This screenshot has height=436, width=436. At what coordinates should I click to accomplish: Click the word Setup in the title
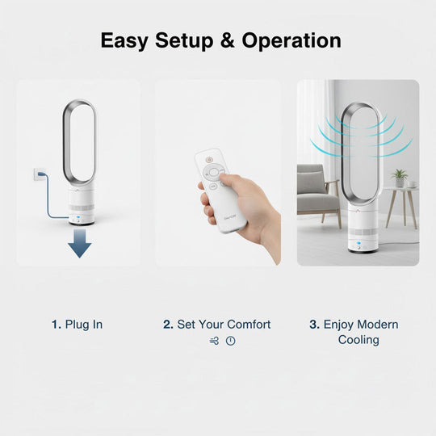click(184, 41)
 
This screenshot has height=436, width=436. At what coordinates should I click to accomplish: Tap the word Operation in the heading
click(291, 41)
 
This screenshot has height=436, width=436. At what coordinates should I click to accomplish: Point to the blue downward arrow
click(79, 243)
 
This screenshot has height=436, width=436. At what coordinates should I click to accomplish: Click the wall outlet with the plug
click(40, 174)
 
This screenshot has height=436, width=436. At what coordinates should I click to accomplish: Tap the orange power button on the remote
click(209, 160)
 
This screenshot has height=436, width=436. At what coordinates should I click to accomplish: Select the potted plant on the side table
click(399, 178)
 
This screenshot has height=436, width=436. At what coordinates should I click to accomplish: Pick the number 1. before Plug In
click(57, 325)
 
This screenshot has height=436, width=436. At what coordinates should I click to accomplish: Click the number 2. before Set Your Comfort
click(168, 325)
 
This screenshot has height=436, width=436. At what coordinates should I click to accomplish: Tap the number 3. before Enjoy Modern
click(315, 325)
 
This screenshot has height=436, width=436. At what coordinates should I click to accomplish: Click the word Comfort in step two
click(249, 325)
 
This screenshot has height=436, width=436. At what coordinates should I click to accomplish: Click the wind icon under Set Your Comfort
click(214, 341)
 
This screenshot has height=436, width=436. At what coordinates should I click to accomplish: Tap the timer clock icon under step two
click(230, 341)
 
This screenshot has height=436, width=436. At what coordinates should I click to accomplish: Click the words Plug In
click(84, 325)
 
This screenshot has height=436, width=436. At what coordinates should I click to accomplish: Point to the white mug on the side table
click(412, 184)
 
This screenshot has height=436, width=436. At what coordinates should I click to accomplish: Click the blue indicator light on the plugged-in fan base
click(78, 217)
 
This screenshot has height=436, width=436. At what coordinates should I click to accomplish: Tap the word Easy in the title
click(124, 41)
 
